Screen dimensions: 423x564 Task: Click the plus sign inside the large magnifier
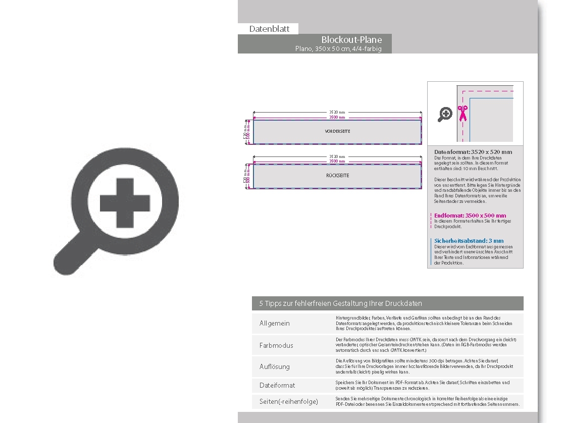(x=125, y=202)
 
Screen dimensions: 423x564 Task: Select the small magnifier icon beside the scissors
(x=445, y=114)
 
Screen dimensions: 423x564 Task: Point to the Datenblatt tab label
(x=269, y=29)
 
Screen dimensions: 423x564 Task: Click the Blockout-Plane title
(x=351, y=39)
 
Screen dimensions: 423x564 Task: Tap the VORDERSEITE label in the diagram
(x=337, y=131)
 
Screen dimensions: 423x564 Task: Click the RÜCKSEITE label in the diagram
(x=337, y=176)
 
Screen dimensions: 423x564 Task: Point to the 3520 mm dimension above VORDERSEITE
(x=337, y=113)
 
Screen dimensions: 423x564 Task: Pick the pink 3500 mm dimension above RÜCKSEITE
(x=337, y=161)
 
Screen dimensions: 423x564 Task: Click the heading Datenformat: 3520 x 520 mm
(x=473, y=152)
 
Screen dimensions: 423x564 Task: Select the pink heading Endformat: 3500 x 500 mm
(x=470, y=216)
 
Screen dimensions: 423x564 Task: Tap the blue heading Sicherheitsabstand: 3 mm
(x=469, y=241)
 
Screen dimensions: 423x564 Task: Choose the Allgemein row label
(x=275, y=324)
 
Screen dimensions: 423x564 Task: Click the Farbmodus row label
(x=276, y=346)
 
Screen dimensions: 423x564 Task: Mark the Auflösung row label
(x=275, y=367)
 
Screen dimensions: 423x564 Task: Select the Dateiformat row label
(x=277, y=386)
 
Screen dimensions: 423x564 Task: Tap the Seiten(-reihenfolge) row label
(x=289, y=402)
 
